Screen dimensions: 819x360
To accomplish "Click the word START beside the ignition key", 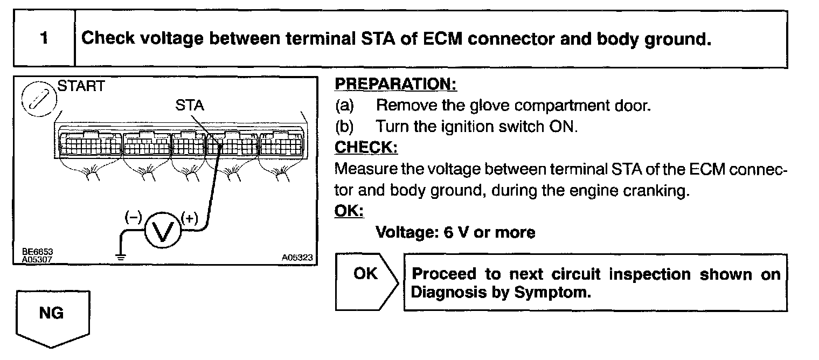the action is click(81, 87).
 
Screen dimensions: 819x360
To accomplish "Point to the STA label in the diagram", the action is click(190, 106).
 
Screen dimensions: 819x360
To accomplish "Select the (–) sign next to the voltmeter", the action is click(133, 217).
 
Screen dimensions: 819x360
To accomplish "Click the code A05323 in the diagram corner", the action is click(296, 258).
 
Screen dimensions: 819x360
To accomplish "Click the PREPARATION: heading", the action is click(395, 85).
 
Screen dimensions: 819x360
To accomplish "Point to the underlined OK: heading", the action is click(349, 211).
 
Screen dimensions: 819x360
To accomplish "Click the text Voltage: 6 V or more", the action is click(455, 232).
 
